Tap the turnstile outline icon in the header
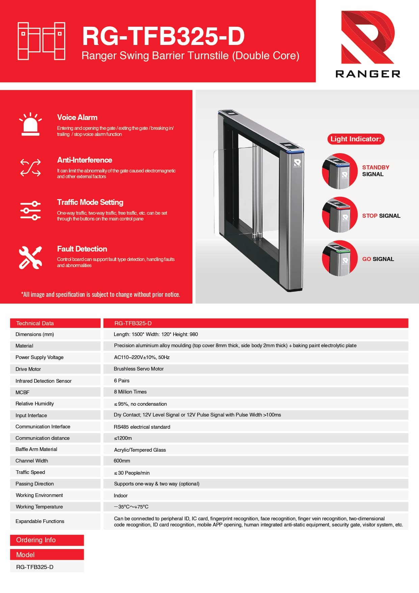(41, 41)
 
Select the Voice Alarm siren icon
(30, 124)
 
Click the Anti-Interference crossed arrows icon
(30, 168)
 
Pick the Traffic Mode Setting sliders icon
(30, 210)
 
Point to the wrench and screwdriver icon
(30, 257)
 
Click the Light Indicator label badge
(356, 139)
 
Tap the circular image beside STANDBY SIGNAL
(339, 171)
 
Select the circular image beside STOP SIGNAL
(339, 215)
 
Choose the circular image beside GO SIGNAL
(339, 258)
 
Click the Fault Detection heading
(82, 249)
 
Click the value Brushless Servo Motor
(139, 369)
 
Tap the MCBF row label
(22, 392)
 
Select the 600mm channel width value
(122, 461)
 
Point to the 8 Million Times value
(130, 392)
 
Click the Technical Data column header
(35, 323)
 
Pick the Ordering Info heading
(36, 540)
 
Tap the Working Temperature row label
(39, 507)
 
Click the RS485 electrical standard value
(142, 427)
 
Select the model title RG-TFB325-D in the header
(163, 36)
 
